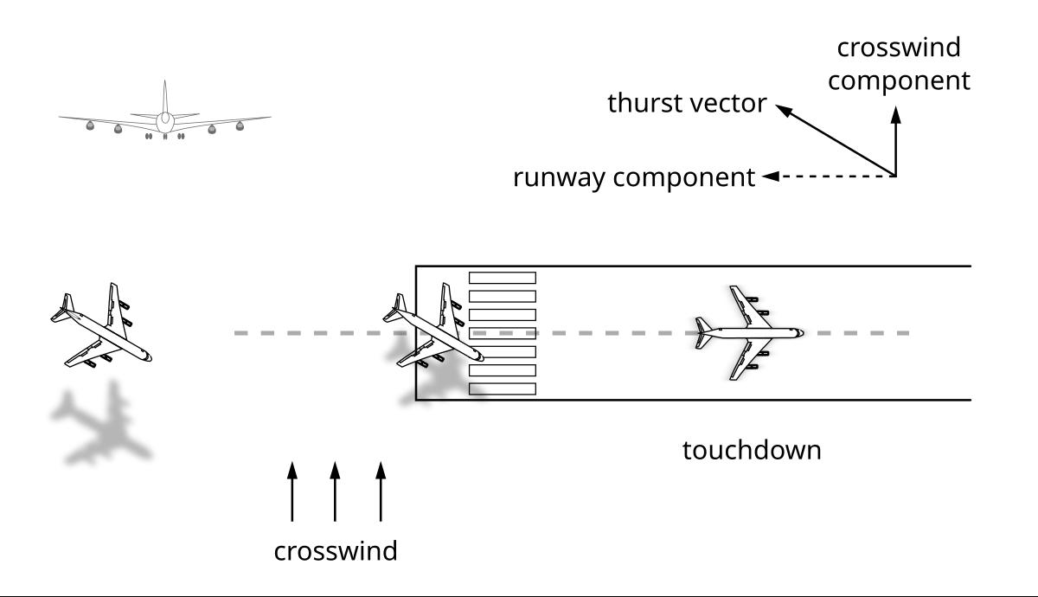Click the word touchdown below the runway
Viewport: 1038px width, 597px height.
click(x=751, y=451)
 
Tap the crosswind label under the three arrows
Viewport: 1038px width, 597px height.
click(x=336, y=551)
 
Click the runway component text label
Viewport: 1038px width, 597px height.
click(x=634, y=178)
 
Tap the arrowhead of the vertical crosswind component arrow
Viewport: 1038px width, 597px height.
click(x=895, y=113)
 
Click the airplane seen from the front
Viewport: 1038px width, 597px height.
click(x=164, y=117)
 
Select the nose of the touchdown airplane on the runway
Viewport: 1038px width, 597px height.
click(x=800, y=332)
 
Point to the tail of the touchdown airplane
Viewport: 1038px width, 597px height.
click(x=702, y=332)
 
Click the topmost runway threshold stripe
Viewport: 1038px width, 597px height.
click(x=502, y=278)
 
